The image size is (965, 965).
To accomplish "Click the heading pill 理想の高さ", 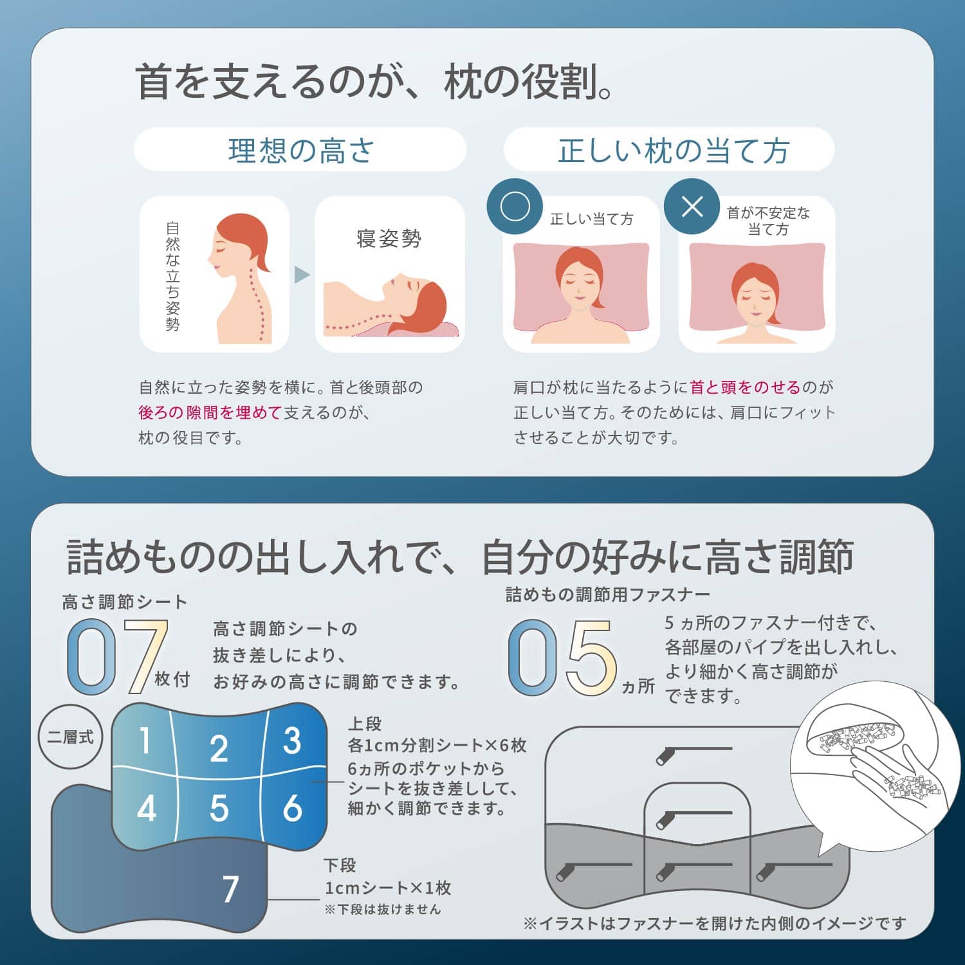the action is point(300,149).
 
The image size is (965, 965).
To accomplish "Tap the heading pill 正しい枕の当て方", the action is point(669,149).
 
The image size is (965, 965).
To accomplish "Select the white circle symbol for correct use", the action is point(515,207).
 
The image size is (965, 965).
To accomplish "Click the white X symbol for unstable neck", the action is point(692,207).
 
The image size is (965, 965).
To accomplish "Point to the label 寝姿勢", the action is point(389,239).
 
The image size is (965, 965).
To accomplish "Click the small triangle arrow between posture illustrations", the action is point(302,275).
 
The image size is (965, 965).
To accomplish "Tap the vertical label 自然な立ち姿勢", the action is point(172,276).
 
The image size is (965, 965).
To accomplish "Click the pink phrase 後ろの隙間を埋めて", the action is point(210,412).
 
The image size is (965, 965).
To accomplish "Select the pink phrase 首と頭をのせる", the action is point(745,387).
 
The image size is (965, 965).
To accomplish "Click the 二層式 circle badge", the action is point(70,737).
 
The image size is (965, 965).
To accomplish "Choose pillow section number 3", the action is point(292,740).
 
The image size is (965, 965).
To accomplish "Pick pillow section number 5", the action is point(219,808).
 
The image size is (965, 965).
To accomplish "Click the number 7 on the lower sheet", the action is point(231,889).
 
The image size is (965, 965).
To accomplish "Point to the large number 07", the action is point(118,657).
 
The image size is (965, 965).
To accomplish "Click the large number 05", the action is point(562,657).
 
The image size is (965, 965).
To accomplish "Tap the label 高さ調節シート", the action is point(125,602).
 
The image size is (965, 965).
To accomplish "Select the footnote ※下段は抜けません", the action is point(383,909).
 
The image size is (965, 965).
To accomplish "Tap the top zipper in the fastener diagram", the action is point(694,753).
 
